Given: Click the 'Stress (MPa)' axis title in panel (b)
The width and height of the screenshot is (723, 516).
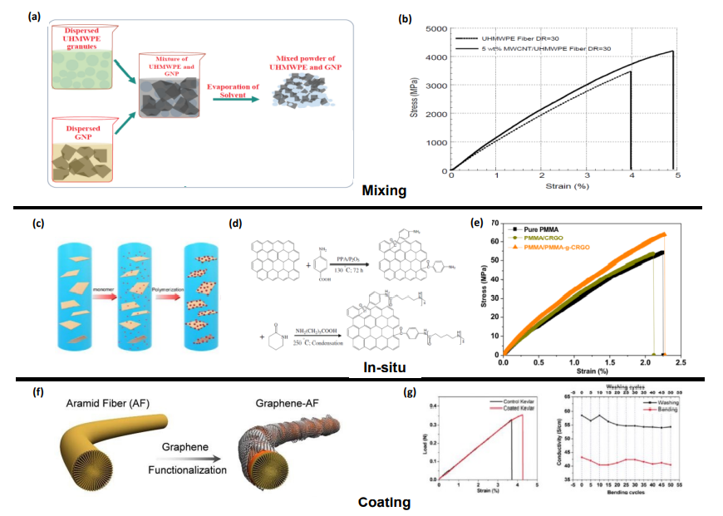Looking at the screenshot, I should point(415,100).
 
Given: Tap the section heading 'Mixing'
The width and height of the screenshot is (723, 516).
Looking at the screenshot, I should point(384,190).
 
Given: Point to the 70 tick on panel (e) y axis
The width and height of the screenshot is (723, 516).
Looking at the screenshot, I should point(495,224).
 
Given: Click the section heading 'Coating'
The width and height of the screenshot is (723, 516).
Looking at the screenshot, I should point(384,503).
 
